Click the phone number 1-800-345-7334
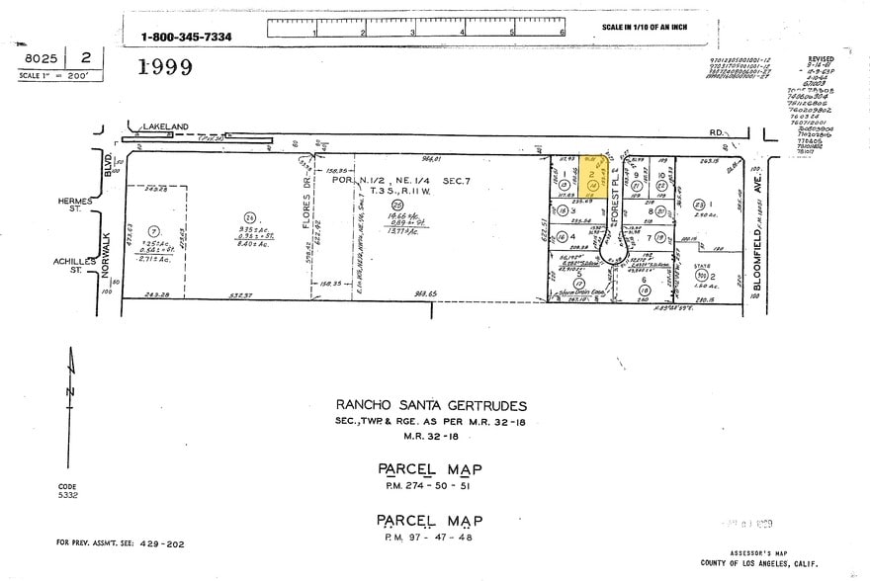coord(186,37)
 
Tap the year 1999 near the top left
coord(165,67)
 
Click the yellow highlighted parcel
coord(594,177)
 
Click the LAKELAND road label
coord(165,127)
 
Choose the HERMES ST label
coord(76,204)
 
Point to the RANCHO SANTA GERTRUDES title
coord(431,405)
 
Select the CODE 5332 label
coord(66,491)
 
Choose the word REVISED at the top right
coord(821,58)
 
